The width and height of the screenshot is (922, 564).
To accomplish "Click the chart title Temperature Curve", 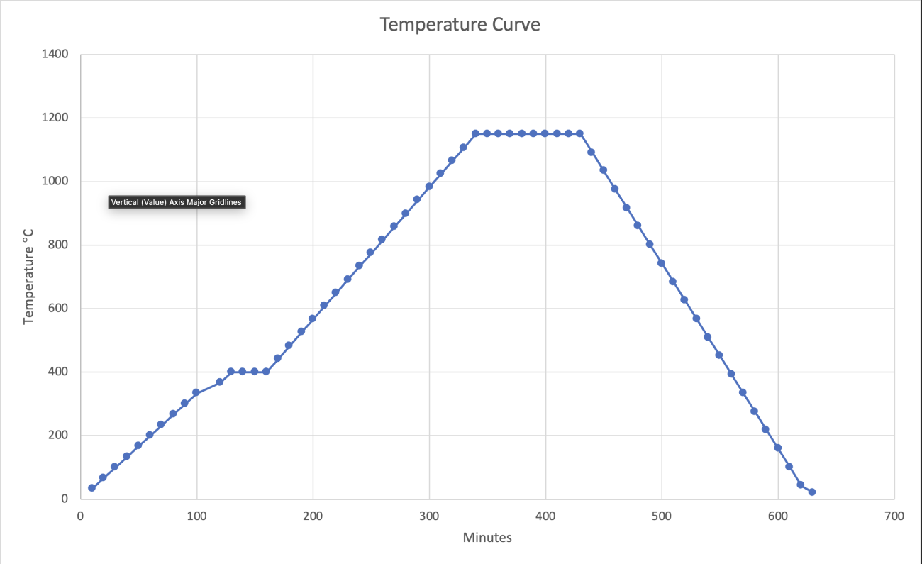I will pyautogui.click(x=460, y=25).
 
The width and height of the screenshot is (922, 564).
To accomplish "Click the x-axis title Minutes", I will pyautogui.click(x=487, y=538).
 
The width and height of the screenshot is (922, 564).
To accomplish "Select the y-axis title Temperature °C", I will pyautogui.click(x=29, y=276).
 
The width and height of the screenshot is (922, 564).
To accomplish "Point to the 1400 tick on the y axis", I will pyautogui.click(x=55, y=55).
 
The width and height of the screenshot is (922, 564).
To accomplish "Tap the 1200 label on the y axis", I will pyautogui.click(x=55, y=118).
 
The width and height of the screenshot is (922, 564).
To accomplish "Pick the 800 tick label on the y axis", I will pyautogui.click(x=58, y=245).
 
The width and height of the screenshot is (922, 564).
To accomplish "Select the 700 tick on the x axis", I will pyautogui.click(x=894, y=516).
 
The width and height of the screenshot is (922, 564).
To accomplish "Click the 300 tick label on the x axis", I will pyautogui.click(x=429, y=516).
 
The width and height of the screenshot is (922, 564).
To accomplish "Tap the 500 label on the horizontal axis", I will pyautogui.click(x=662, y=516).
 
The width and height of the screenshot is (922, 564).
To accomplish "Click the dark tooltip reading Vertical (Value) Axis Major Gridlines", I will pyautogui.click(x=177, y=202).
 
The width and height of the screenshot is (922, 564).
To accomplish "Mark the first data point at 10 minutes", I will pyautogui.click(x=91, y=488).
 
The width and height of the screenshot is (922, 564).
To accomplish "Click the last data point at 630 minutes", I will pyautogui.click(x=812, y=492).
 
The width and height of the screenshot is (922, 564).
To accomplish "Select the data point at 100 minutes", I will pyautogui.click(x=196, y=392).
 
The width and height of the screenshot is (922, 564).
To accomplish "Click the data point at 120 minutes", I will pyautogui.click(x=220, y=382).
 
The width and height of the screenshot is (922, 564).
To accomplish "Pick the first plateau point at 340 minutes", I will pyautogui.click(x=475, y=133).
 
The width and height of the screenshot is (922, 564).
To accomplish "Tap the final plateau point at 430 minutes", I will pyautogui.click(x=579, y=133).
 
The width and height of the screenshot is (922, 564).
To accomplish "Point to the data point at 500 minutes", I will pyautogui.click(x=661, y=263).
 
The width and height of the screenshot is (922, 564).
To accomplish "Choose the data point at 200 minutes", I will pyautogui.click(x=312, y=319).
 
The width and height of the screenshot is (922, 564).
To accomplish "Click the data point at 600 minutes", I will pyautogui.click(x=778, y=448).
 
